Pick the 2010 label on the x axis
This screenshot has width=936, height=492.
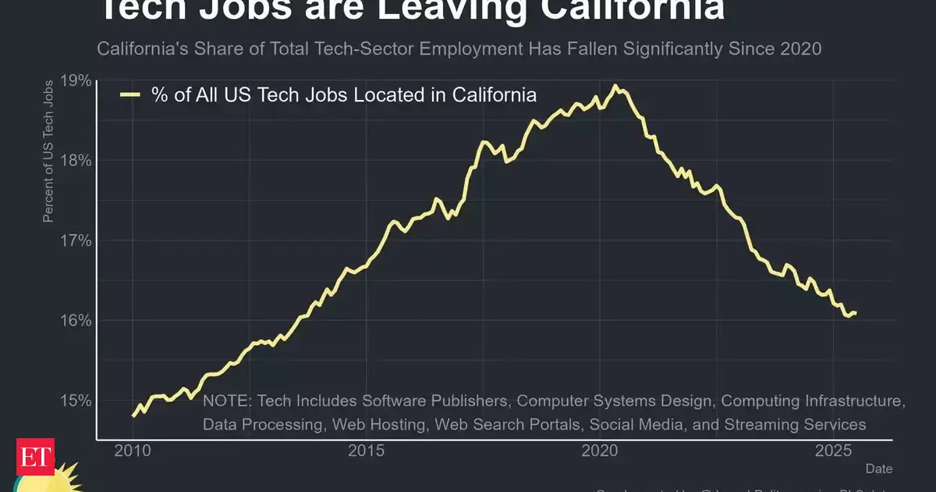coord(132,451)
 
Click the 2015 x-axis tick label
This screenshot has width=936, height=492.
coord(367,451)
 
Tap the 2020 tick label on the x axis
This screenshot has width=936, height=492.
coord(600,451)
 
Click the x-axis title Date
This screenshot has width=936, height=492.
coord(879,469)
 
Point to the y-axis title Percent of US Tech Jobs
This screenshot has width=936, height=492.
coord(48,150)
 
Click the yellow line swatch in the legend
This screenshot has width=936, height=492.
coord(129,95)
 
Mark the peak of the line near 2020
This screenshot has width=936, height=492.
coord(615,86)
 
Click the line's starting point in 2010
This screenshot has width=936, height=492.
coord(133,415)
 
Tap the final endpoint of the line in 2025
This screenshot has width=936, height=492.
coord(856,313)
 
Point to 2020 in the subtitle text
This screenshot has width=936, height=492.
coord(800,48)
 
